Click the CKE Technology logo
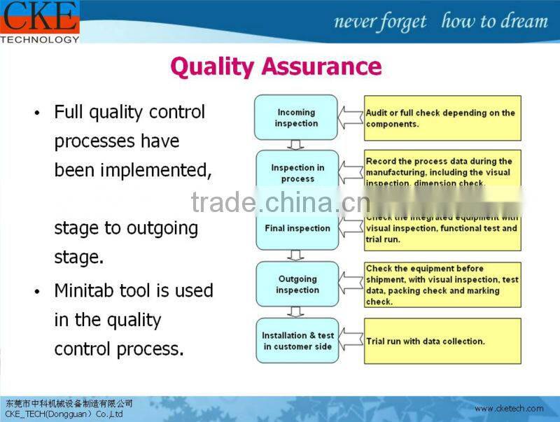[x=39, y=21]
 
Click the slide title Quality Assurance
[x=276, y=66]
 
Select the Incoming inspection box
[x=296, y=118]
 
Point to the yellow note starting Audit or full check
[x=442, y=118]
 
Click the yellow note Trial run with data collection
[x=442, y=341]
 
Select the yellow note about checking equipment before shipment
[x=442, y=285]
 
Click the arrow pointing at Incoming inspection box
[x=351, y=118]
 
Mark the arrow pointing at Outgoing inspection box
[x=351, y=284]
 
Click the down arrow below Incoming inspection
[x=296, y=145]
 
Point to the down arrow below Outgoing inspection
[x=296, y=312]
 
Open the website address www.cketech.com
[x=509, y=409]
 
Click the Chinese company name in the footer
[x=69, y=404]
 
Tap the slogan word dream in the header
[x=522, y=22]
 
